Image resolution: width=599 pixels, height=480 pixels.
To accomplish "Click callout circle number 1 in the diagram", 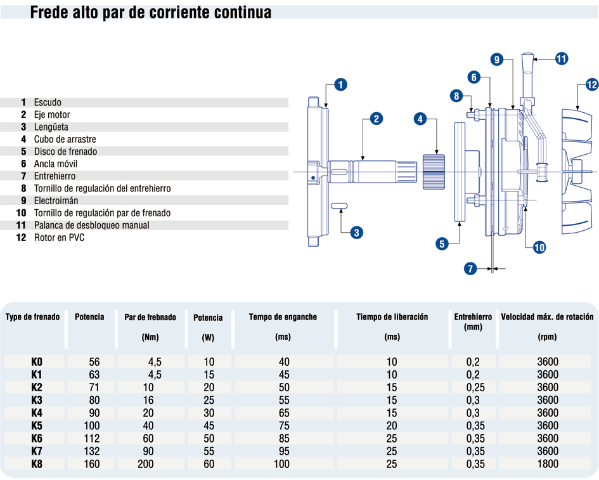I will coord(340,84).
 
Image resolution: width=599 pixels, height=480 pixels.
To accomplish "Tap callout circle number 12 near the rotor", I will coord(591,84).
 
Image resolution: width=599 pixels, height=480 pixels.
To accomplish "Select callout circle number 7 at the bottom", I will coord(470,269).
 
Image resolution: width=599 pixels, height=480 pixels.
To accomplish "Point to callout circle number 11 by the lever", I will coord(561,59).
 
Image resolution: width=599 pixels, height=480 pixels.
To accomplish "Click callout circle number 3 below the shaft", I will coord(357,233).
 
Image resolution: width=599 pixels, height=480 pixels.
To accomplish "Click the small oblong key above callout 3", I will coord(339,205).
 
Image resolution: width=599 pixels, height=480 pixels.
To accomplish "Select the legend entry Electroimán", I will coord(55,200).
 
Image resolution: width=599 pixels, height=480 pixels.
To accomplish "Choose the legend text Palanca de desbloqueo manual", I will coord(91,225).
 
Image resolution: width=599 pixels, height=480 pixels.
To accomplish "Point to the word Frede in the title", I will coord(49,13).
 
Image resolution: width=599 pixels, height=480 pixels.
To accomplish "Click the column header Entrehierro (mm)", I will coord(473,321).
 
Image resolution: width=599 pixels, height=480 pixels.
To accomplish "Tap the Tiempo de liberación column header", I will coord(392,317).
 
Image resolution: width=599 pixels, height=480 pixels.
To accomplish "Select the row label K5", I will coord(37,425).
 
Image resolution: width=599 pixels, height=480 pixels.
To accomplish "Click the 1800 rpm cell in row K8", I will coord(547,464).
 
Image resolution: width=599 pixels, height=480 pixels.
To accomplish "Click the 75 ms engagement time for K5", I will coord(283,425).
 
